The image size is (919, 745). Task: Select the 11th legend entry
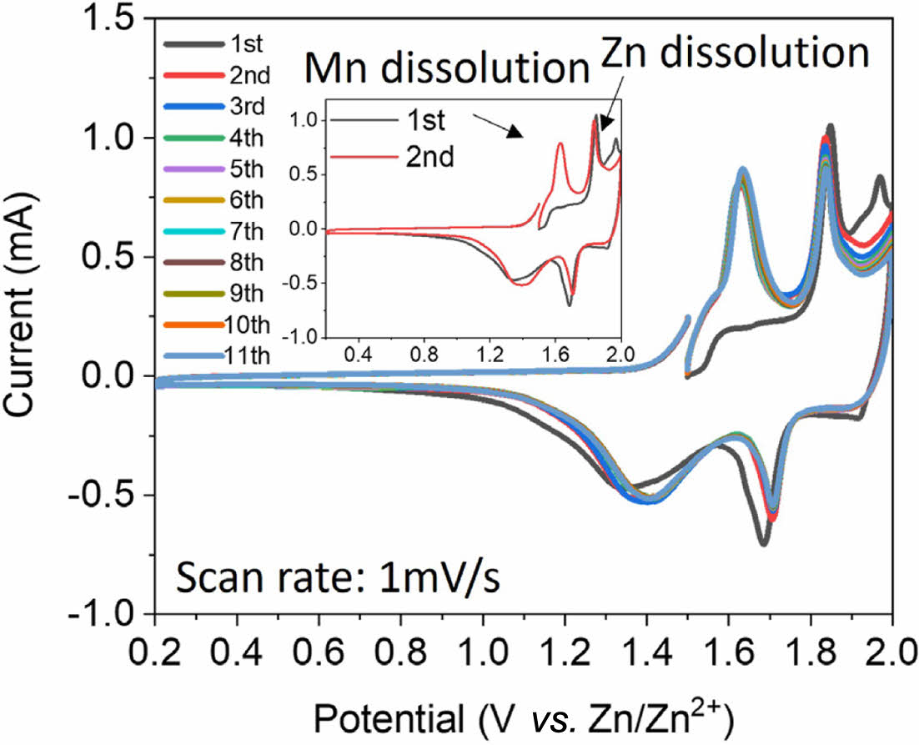tap(248, 356)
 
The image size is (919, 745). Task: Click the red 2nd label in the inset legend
tap(430, 156)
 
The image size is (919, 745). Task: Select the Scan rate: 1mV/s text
tap(337, 577)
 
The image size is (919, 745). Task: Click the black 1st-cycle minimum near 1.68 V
tap(763, 543)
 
